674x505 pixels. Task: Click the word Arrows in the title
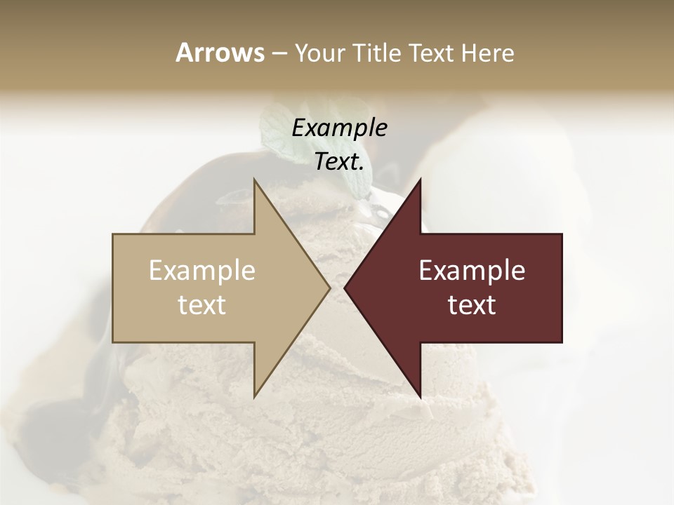tap(220, 53)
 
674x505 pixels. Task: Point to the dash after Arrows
tap(279, 54)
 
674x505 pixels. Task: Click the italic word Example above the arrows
tap(339, 128)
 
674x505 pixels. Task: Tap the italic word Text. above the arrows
tap(339, 162)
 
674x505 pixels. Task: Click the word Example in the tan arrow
tap(201, 271)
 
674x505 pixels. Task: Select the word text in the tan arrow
tap(201, 305)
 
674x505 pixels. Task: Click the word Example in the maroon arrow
tap(472, 271)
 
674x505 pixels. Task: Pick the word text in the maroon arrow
tap(472, 305)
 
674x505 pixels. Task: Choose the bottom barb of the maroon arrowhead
tap(419, 394)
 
